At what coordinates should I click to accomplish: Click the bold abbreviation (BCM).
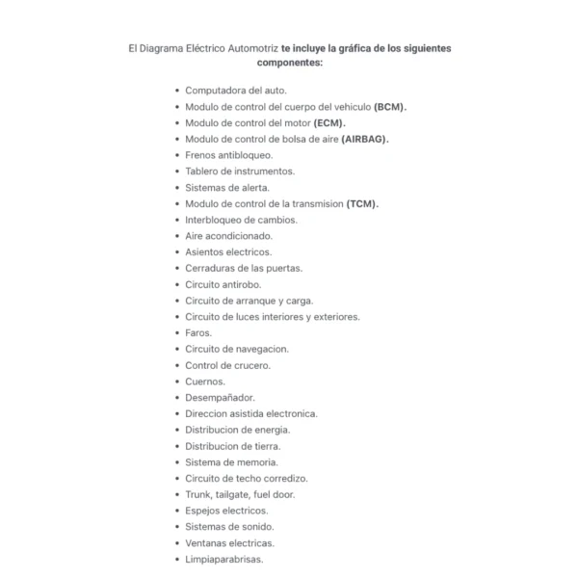pyautogui.click(x=391, y=106)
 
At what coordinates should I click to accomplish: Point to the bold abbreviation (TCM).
pyautogui.click(x=363, y=203)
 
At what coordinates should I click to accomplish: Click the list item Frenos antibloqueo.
pyautogui.click(x=228, y=155)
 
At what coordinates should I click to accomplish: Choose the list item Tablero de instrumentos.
pyautogui.click(x=240, y=171)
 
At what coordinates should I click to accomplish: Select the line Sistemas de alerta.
pyautogui.click(x=227, y=187)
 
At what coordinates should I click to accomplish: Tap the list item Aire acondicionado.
pyautogui.click(x=228, y=236)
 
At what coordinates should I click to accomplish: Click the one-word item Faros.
pyautogui.click(x=198, y=333)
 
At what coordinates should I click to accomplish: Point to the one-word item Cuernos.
pyautogui.click(x=205, y=381)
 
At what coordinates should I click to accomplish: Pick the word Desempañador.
pyautogui.click(x=220, y=398)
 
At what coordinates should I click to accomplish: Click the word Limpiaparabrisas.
pyautogui.click(x=223, y=560)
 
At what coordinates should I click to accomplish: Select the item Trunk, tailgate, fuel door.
pyautogui.click(x=240, y=495)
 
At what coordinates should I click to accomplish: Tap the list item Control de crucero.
pyautogui.click(x=227, y=365)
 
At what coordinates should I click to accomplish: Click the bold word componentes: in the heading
pyautogui.click(x=289, y=63)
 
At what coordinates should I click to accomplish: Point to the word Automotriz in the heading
pyautogui.click(x=251, y=47)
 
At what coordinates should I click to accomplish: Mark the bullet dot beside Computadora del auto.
pyautogui.click(x=177, y=91)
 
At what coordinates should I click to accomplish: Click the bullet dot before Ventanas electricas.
pyautogui.click(x=177, y=543)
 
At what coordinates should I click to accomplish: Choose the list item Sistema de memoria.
pyautogui.click(x=231, y=462)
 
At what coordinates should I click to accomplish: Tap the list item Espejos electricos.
pyautogui.click(x=226, y=511)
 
